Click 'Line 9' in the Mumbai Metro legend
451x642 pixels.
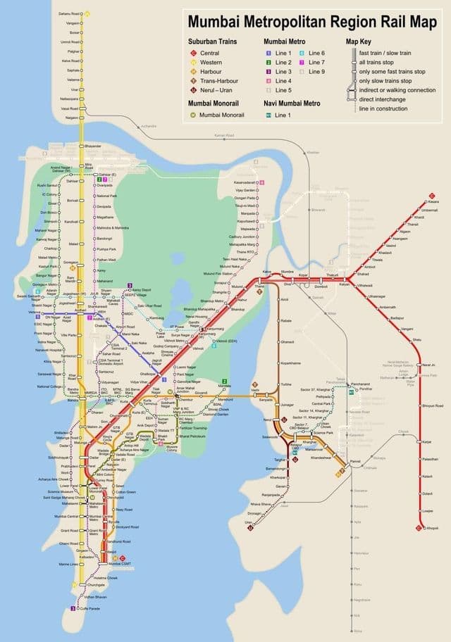314,71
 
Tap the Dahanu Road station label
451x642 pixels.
69,13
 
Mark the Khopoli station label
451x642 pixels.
432,527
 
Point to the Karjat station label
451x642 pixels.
426,441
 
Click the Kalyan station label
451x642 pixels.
345,284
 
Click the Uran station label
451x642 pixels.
248,522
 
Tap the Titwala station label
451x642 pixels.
376,259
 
